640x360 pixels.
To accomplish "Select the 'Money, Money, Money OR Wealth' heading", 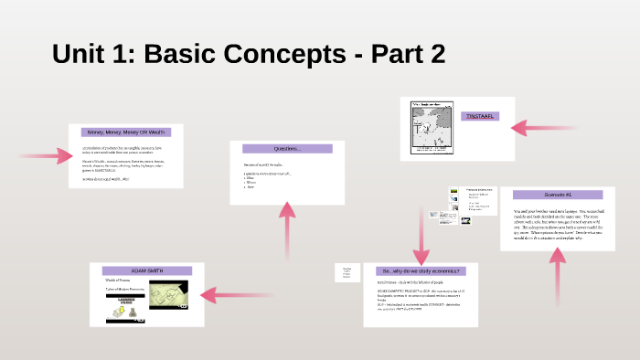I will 125,132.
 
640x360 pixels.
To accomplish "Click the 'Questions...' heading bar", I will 286,148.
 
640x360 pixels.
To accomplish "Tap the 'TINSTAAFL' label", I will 481,117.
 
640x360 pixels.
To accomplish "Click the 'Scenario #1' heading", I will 557,195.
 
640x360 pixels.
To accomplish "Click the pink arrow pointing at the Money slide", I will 46,156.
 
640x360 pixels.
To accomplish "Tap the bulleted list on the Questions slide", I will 251,181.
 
